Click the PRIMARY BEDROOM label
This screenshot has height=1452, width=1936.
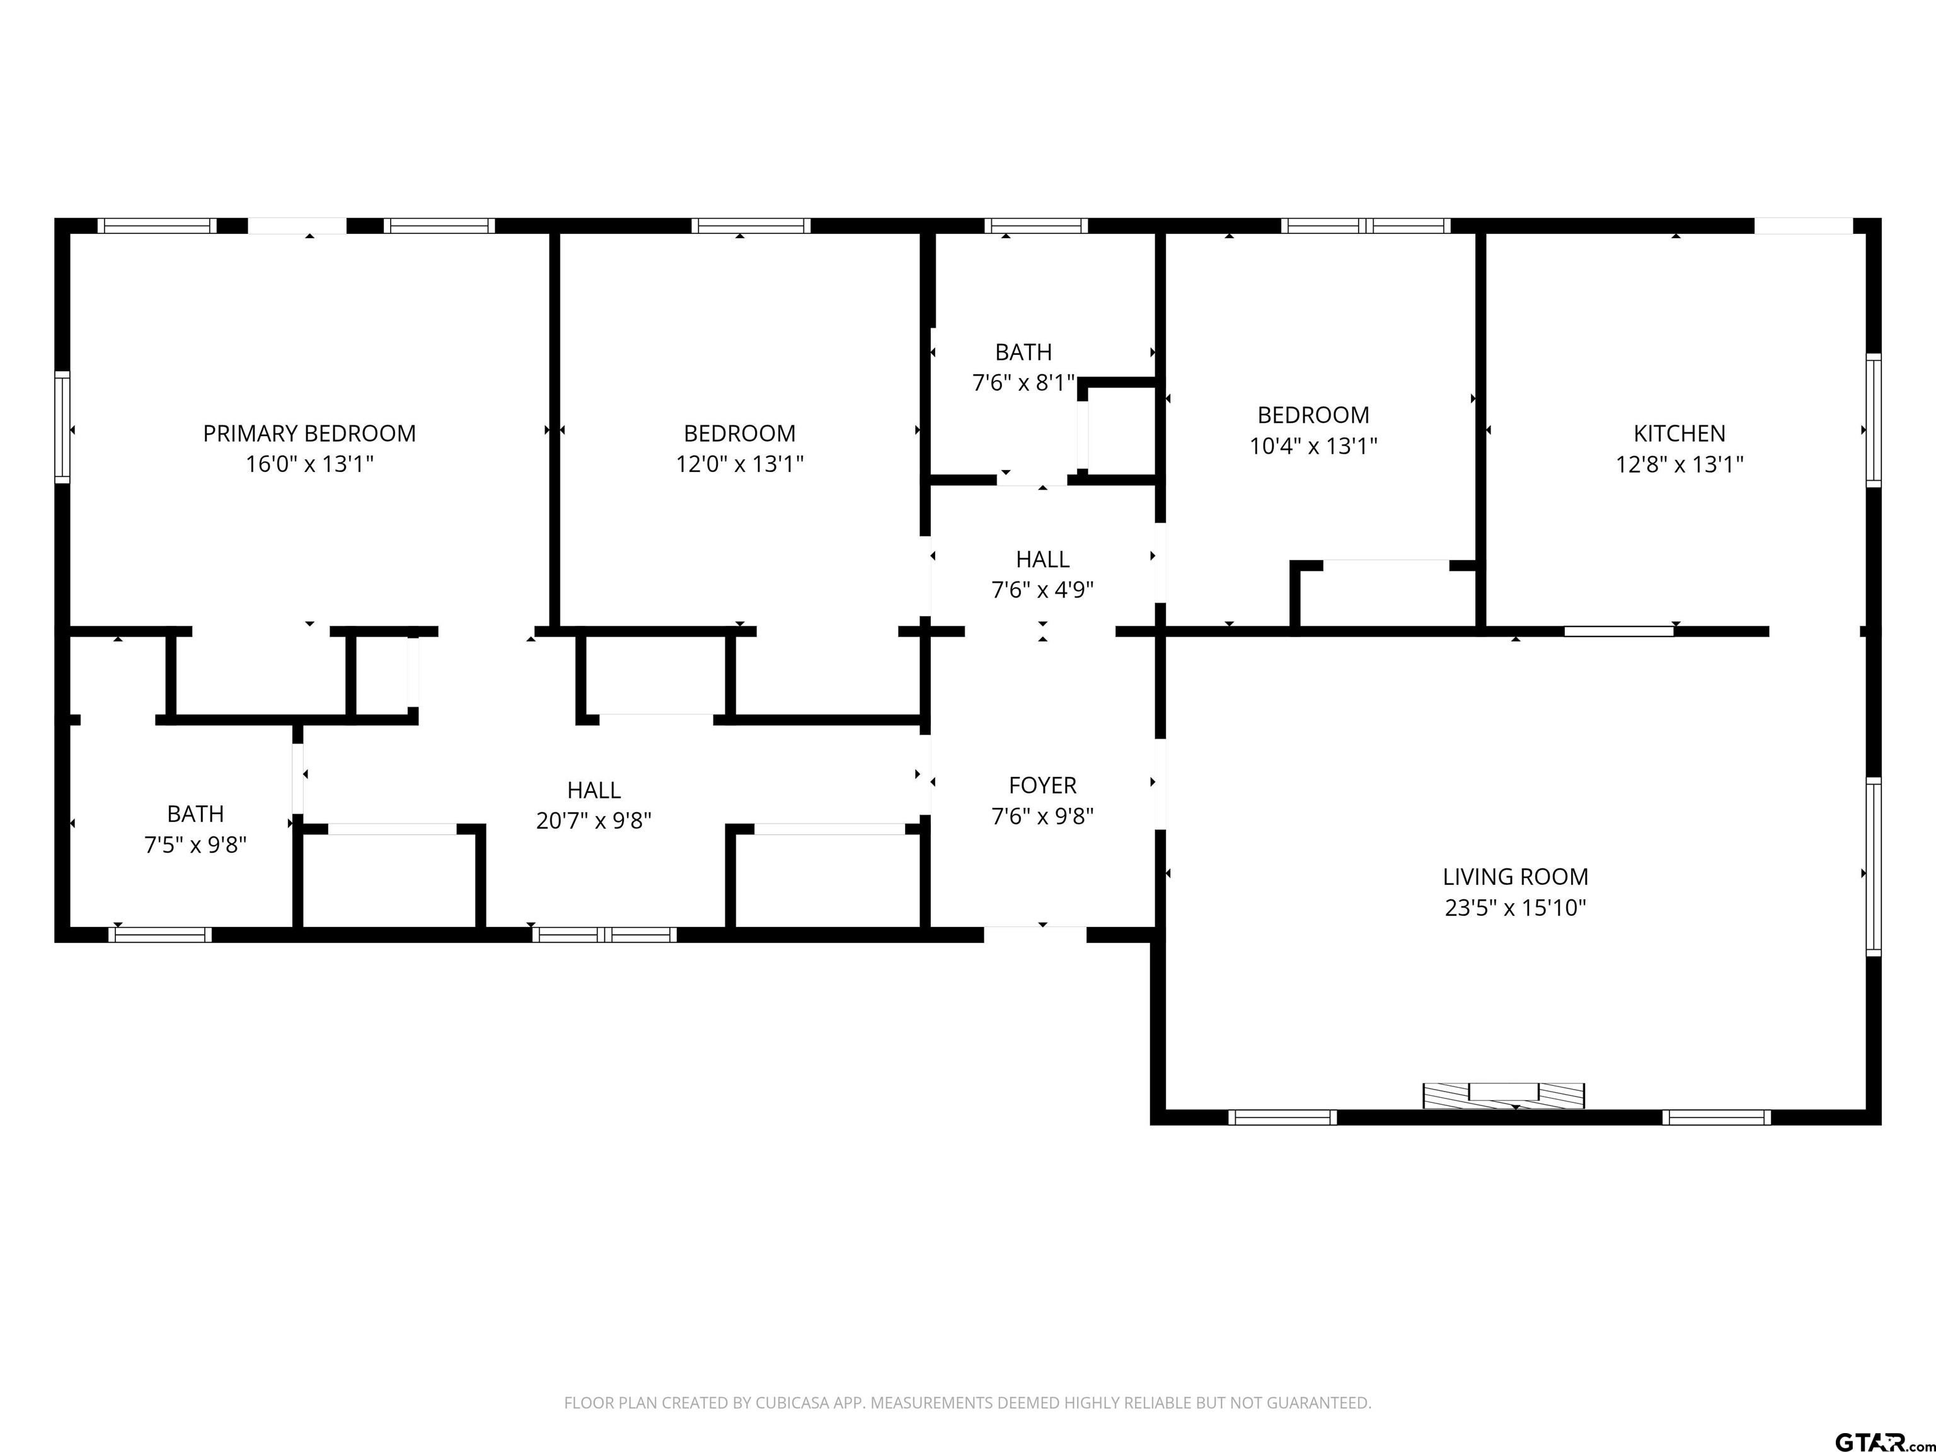pyautogui.click(x=309, y=433)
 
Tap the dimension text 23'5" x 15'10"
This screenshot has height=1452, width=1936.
pyautogui.click(x=1515, y=907)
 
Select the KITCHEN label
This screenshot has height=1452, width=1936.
pyautogui.click(x=1679, y=433)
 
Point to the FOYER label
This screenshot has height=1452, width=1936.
pyautogui.click(x=1042, y=785)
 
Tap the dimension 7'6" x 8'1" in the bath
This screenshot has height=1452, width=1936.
pyautogui.click(x=1022, y=383)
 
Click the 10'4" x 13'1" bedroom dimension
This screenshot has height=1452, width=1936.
pyautogui.click(x=1313, y=446)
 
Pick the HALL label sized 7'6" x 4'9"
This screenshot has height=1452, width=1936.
pyautogui.click(x=1042, y=558)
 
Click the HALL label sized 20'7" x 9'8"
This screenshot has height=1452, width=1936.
pyautogui.click(x=594, y=790)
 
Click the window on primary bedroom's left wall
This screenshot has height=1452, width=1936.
pyautogui.click(x=62, y=427)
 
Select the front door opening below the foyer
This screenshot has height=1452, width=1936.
pyautogui.click(x=1035, y=934)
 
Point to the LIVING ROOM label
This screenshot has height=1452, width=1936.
pyautogui.click(x=1515, y=876)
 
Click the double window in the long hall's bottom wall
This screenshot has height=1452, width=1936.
pyautogui.click(x=604, y=935)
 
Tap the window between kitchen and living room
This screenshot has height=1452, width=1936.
pyautogui.click(x=1618, y=631)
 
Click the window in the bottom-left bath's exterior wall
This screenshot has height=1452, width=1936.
pyautogui.click(x=160, y=935)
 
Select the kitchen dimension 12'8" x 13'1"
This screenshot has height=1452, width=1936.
pyautogui.click(x=1679, y=464)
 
